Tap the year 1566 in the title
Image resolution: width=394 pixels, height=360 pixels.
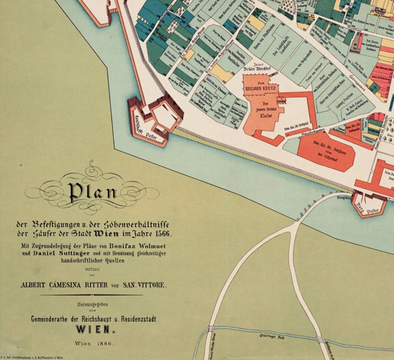[x=167, y=234]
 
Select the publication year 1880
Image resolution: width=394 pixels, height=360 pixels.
[x=103, y=343]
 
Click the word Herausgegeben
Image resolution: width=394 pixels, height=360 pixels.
[x=91, y=304]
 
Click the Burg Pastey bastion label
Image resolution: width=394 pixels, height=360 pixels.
[x=368, y=203]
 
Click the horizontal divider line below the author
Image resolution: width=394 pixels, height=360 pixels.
[x=91, y=295]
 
